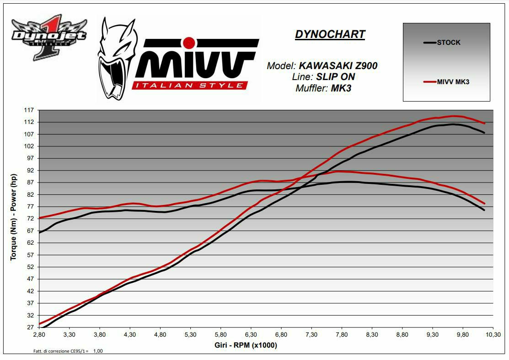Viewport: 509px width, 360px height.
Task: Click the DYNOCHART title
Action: pos(330,34)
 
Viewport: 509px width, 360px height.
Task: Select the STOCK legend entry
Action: pos(448,43)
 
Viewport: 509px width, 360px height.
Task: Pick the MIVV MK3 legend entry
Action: pos(452,82)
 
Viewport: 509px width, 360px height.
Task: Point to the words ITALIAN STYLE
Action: pos(190,85)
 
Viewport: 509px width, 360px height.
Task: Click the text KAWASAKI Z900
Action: pos(338,66)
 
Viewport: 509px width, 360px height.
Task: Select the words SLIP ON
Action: pos(335,77)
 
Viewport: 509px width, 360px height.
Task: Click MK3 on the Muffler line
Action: pos(341,88)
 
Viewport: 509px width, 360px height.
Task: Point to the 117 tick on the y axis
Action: pos(30,110)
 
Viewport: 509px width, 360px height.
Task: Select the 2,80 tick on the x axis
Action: pos(39,335)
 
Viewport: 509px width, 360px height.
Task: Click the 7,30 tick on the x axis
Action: pos(311,335)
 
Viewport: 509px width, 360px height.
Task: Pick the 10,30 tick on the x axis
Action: pos(493,335)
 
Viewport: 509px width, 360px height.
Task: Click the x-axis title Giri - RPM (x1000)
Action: pos(246,345)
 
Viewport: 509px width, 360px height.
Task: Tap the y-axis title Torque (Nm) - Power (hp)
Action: pos(14,218)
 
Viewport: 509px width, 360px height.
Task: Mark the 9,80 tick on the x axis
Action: pos(463,335)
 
